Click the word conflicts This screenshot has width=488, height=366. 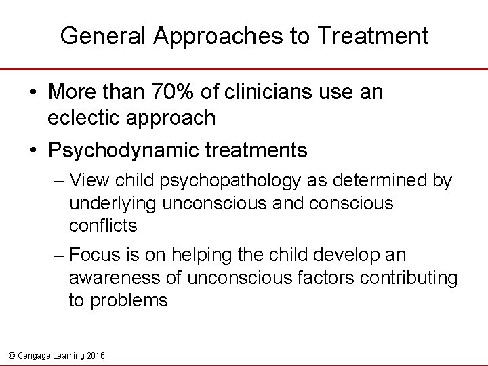coord(104,225)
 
